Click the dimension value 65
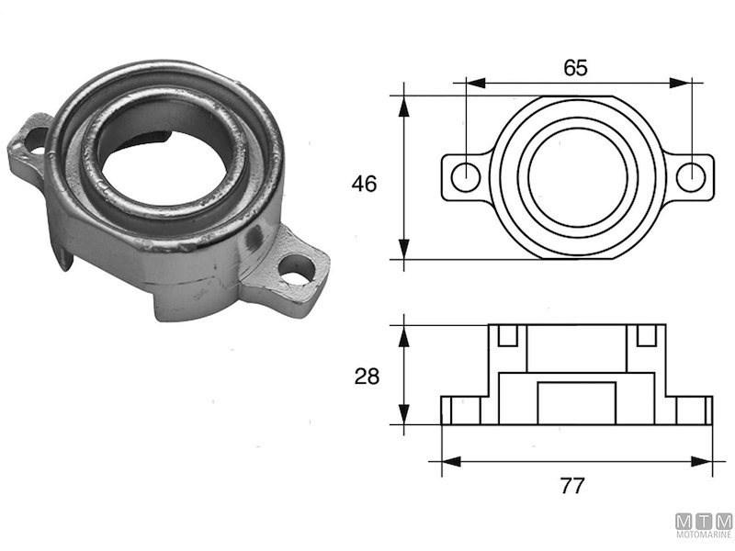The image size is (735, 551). pos(575,67)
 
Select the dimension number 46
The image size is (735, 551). pos(364,184)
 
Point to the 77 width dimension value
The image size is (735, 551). pos(572,486)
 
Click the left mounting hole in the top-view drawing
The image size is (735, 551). pos(466,176)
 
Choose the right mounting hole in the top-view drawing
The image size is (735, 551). pos(689,176)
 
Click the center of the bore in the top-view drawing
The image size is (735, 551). pos(577,176)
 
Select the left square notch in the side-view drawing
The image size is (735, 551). pos(507,335)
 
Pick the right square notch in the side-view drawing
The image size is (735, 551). pos(646,335)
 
